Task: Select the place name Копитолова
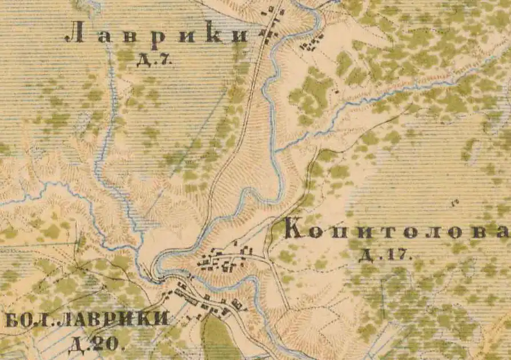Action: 395,230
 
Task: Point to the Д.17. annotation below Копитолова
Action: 385,254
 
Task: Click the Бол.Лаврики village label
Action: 87,319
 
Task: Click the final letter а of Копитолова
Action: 501,231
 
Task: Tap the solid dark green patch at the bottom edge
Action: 215,340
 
